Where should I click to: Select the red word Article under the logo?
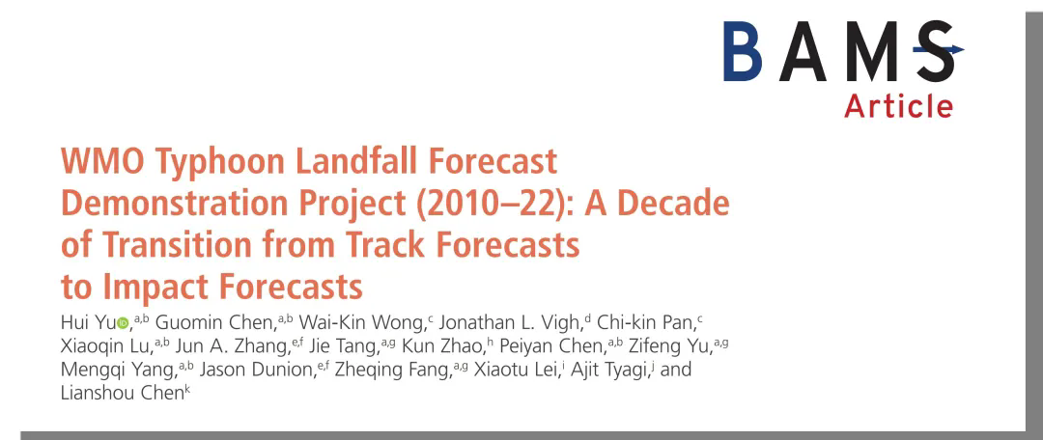(x=899, y=106)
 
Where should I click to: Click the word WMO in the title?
(x=100, y=161)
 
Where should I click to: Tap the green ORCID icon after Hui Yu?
(x=123, y=323)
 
